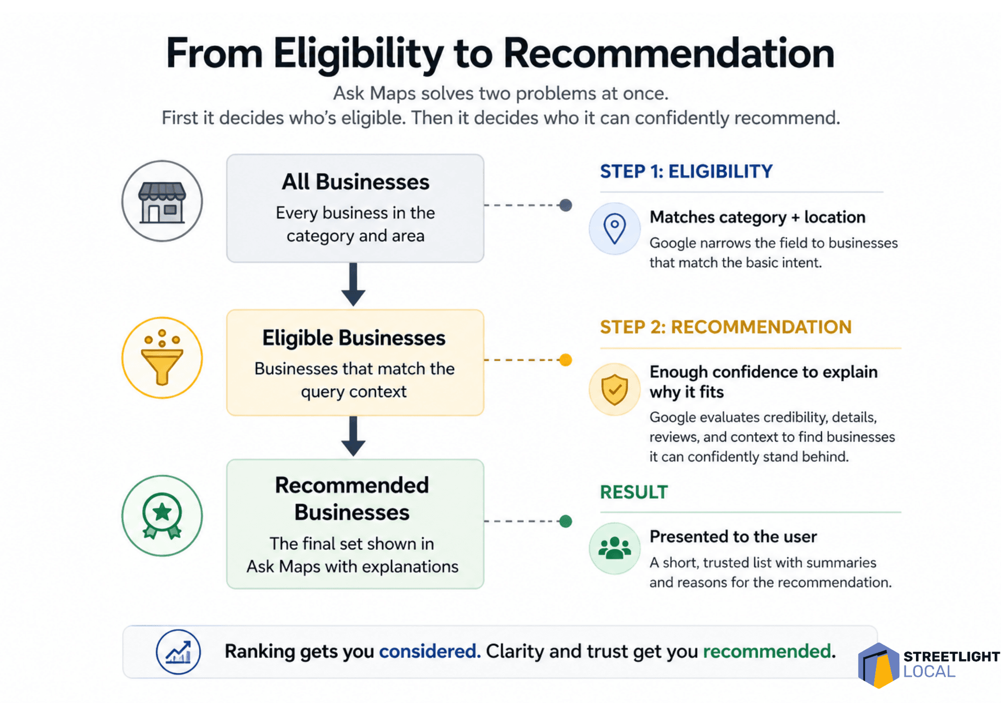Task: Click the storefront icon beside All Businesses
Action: coord(162,202)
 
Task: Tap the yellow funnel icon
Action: coord(162,358)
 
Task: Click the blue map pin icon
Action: coord(615,229)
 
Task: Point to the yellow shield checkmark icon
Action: coord(615,389)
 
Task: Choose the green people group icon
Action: coord(615,548)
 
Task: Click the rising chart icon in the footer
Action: coord(178,652)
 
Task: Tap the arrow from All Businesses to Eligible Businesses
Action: coord(353,285)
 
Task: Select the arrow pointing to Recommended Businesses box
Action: coord(353,437)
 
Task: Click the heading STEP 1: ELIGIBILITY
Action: coord(686,171)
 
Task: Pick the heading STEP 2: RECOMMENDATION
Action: coord(726,327)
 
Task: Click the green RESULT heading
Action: coord(634,492)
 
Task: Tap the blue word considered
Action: coord(430,651)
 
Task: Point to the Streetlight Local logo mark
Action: coord(879,665)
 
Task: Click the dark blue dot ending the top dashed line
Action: coord(566,205)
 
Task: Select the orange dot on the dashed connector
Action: coord(566,360)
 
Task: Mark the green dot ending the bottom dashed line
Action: coord(566,521)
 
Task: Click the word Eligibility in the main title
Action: coord(359,54)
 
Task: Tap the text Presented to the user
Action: coord(733,537)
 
